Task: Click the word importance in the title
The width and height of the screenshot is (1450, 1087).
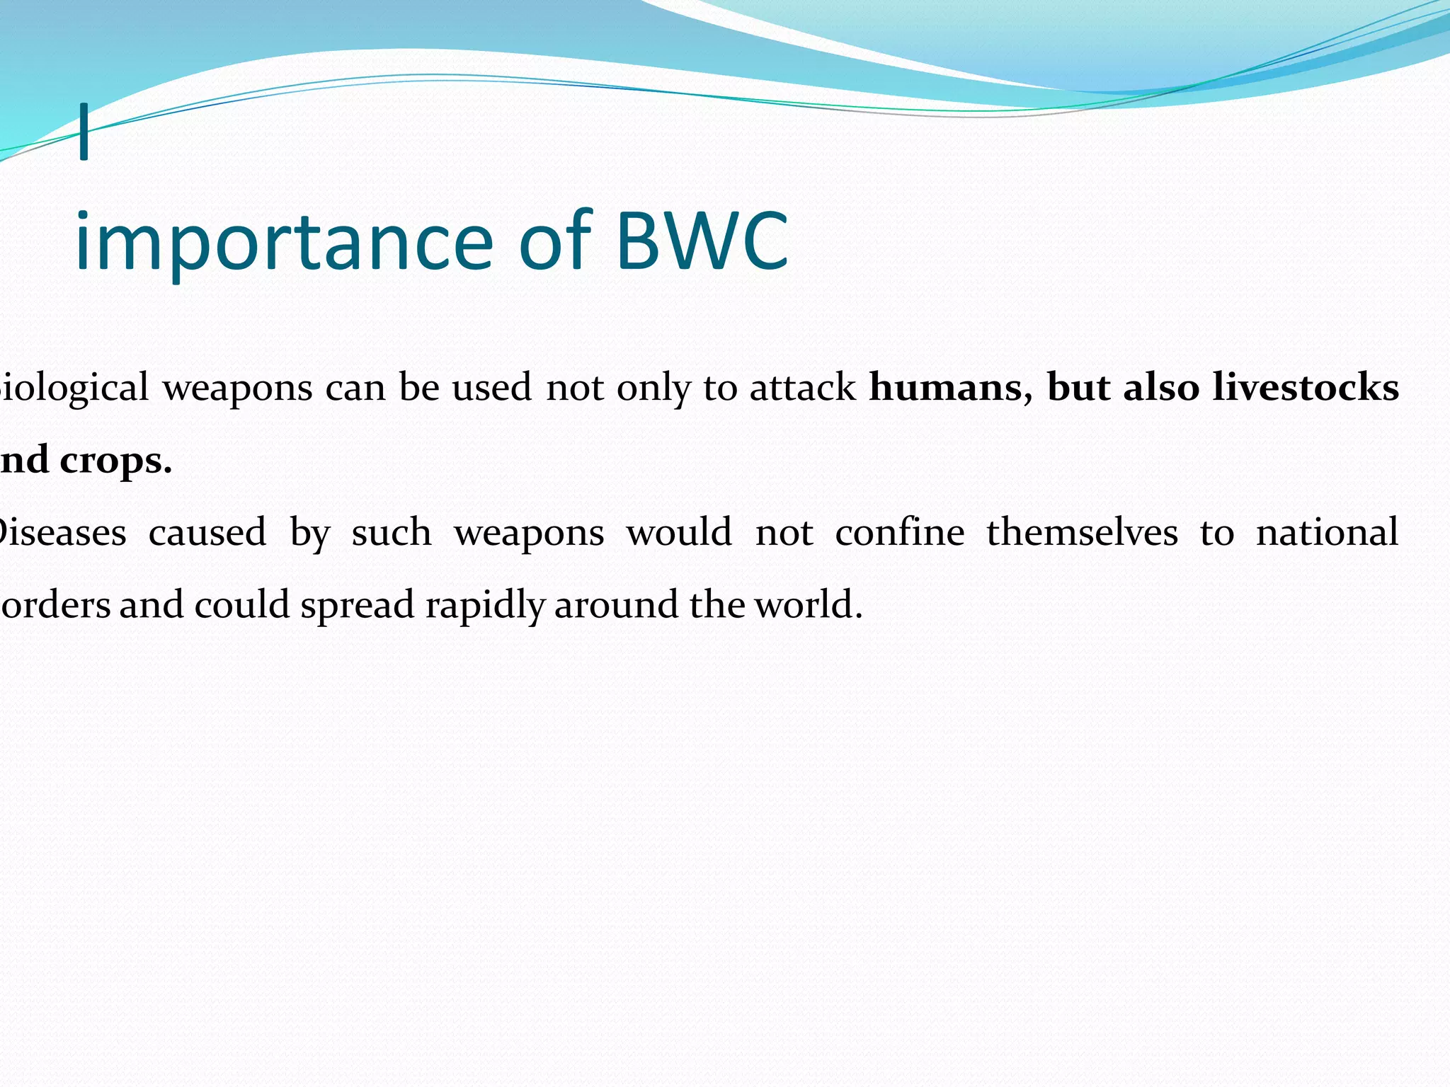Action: tap(283, 243)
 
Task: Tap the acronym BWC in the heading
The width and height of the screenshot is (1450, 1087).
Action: tap(702, 243)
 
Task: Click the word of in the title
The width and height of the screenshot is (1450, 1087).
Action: tap(554, 243)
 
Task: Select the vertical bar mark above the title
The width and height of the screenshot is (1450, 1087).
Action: tap(84, 132)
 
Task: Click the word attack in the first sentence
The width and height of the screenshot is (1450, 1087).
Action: tap(802, 389)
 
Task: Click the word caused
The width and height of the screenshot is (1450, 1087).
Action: tap(207, 532)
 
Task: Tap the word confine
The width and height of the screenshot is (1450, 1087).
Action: tap(899, 532)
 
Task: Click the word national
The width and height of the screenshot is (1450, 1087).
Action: tap(1327, 532)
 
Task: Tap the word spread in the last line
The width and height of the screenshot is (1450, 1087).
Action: tap(358, 606)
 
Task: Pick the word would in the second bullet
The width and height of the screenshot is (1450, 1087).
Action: tap(678, 532)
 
